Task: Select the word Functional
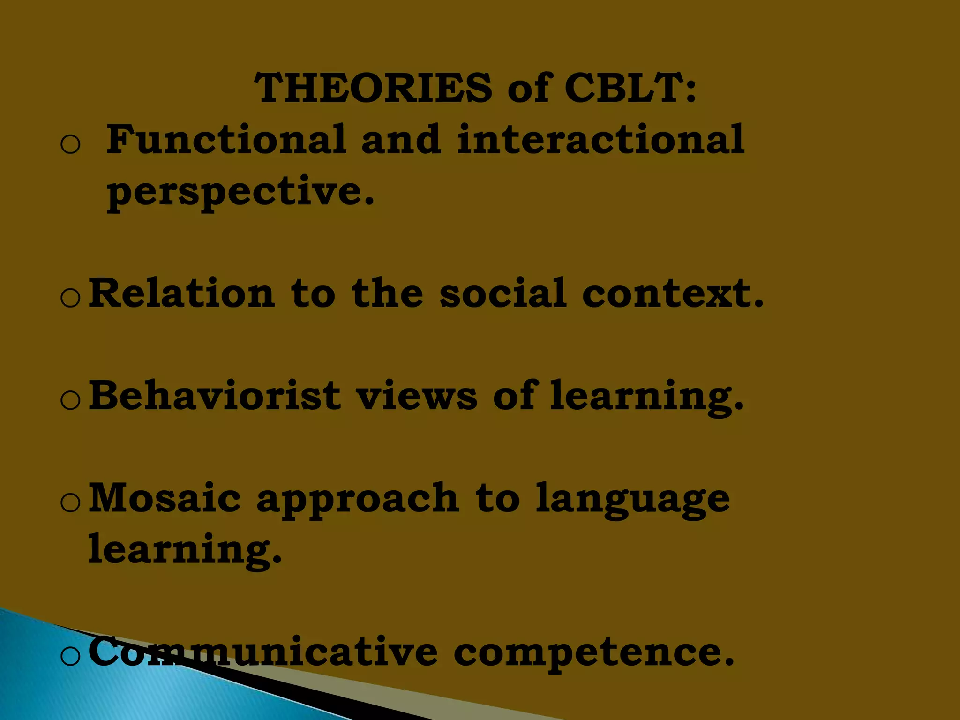226,139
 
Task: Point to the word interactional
600,139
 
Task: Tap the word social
503,293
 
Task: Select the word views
417,396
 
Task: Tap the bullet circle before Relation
71,298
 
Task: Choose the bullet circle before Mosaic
71,503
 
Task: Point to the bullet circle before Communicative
71,656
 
